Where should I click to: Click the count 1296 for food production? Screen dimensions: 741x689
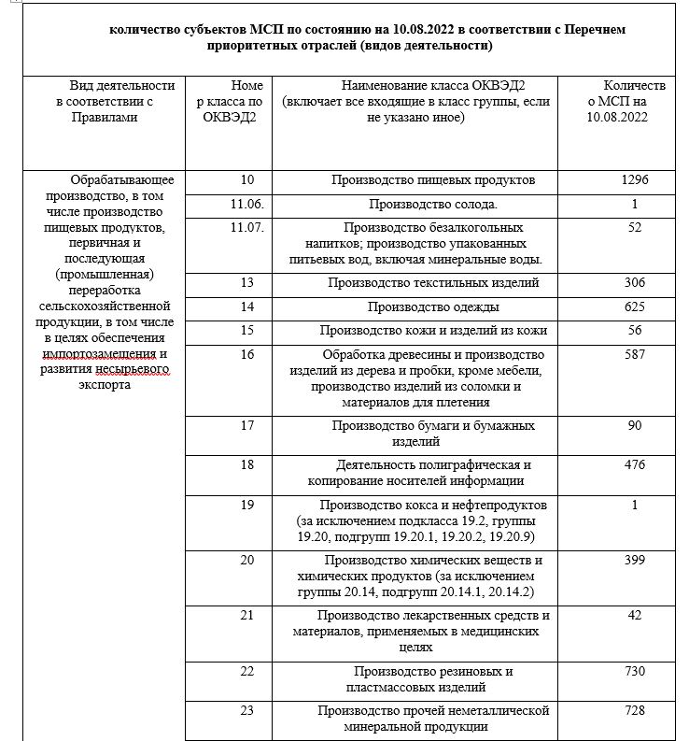[634, 180]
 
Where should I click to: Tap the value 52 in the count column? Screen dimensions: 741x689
[634, 227]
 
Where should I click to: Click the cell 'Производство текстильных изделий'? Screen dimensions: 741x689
[433, 283]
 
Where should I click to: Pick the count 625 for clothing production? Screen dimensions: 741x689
[634, 306]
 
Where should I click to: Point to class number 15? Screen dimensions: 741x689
[247, 330]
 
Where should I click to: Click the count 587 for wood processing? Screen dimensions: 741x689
[634, 354]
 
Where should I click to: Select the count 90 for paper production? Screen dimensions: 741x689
[634, 426]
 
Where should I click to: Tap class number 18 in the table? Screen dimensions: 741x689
[247, 465]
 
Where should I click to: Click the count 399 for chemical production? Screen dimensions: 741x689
[634, 560]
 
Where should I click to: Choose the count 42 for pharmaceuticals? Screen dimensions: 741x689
[634, 615]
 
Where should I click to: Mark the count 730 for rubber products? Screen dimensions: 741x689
[634, 672]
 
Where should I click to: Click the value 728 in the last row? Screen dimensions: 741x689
[634, 711]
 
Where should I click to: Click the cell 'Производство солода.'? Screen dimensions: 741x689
[433, 204]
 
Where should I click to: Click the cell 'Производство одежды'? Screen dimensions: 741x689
[433, 306]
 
